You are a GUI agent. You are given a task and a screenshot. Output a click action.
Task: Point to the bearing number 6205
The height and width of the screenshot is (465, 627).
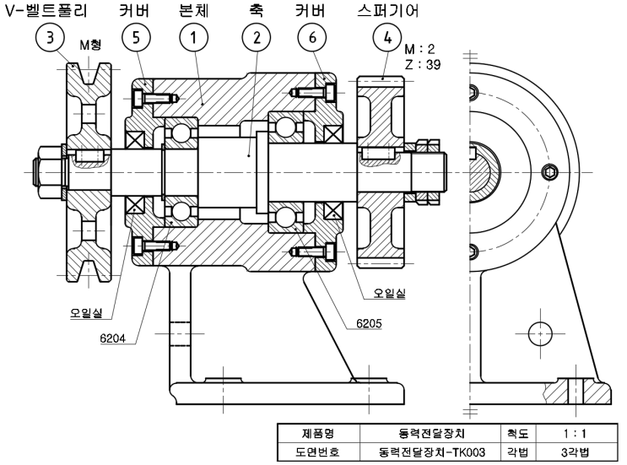[x=365, y=324]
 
